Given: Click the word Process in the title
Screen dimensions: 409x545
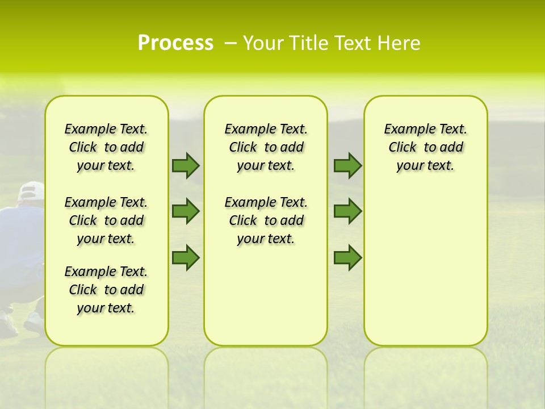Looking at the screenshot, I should (x=175, y=43).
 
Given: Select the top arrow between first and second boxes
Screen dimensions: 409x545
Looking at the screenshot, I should (x=186, y=165).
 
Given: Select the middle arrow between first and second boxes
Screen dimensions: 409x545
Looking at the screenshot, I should (x=186, y=211).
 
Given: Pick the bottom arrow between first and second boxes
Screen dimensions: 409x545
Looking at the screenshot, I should (x=186, y=258).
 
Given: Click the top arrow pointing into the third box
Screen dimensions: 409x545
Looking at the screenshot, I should (x=347, y=165).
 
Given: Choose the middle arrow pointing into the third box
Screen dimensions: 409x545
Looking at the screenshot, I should (x=347, y=211).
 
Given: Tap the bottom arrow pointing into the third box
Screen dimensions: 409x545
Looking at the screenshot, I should (x=347, y=258).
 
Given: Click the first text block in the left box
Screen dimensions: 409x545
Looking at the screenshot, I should (x=106, y=147).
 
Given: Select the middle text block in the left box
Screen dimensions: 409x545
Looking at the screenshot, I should (x=106, y=220).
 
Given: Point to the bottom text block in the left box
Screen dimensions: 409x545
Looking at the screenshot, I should (x=106, y=290).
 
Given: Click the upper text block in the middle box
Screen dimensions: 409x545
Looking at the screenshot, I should (x=266, y=147).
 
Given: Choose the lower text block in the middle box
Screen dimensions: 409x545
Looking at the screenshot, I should (x=266, y=220).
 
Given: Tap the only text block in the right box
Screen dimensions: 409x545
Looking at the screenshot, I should (x=425, y=147).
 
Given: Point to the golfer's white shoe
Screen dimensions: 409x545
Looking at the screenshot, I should (x=33, y=323).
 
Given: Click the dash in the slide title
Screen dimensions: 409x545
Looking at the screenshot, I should (x=230, y=43).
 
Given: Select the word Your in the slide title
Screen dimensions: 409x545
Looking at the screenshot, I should (x=263, y=43).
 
